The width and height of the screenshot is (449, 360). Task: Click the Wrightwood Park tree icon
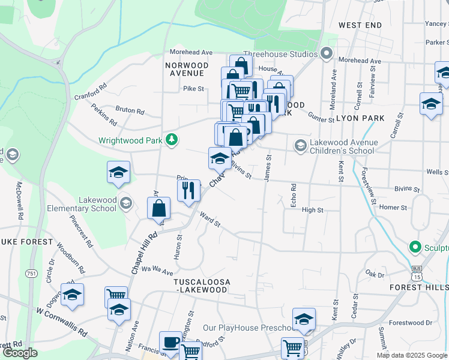coord(172,140)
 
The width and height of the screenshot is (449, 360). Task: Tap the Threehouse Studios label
coord(280,54)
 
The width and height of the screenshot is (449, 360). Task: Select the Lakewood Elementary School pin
coord(125,203)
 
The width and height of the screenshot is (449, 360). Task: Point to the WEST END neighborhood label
coord(360,25)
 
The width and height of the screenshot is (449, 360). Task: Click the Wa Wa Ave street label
coord(157,271)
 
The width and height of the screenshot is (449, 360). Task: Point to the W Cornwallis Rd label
coord(61,322)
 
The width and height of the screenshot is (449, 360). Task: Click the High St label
coord(313,210)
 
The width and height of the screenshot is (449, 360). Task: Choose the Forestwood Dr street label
coord(411,323)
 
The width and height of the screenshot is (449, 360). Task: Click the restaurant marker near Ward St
coord(188,191)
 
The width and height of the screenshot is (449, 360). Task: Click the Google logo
coord(19,353)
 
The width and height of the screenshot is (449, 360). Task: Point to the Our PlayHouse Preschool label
coord(247,328)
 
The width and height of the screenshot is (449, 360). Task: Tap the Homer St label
coord(393,208)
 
